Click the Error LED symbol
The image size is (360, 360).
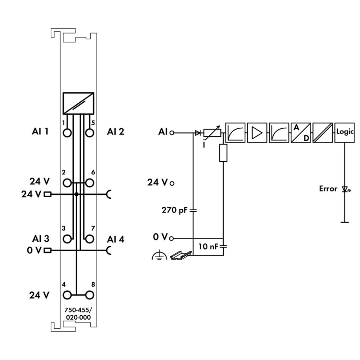tap(344, 189)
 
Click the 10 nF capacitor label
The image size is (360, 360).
tap(209, 247)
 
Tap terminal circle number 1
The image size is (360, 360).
tap(67, 132)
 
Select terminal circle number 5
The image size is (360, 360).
tap(89, 132)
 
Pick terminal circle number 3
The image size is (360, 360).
tap(67, 239)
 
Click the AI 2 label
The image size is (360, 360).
tap(116, 131)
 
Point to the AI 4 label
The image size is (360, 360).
tap(116, 239)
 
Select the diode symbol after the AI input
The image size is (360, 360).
tap(198, 132)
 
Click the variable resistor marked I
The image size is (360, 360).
tap(212, 133)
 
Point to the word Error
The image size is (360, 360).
tap(328, 189)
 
